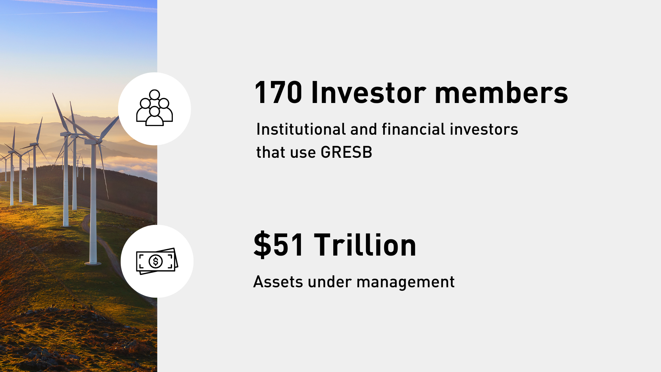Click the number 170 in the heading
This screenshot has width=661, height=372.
click(x=279, y=93)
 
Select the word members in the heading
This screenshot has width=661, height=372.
click(x=501, y=93)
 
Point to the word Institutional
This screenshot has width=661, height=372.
click(x=301, y=130)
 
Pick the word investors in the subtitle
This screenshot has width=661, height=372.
click(x=484, y=130)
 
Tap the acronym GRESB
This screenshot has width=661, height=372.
click(x=346, y=152)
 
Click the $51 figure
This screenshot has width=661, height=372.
click(x=279, y=245)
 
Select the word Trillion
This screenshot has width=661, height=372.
click(x=365, y=245)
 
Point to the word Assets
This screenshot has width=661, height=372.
click(x=278, y=282)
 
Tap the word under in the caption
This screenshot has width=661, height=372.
click(x=329, y=282)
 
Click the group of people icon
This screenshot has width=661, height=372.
click(x=155, y=108)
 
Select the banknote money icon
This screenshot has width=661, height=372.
click(x=157, y=261)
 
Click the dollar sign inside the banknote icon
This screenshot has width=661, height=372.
click(x=156, y=261)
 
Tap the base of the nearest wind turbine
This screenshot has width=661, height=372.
click(x=93, y=263)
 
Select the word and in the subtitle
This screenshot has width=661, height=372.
click(x=364, y=130)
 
